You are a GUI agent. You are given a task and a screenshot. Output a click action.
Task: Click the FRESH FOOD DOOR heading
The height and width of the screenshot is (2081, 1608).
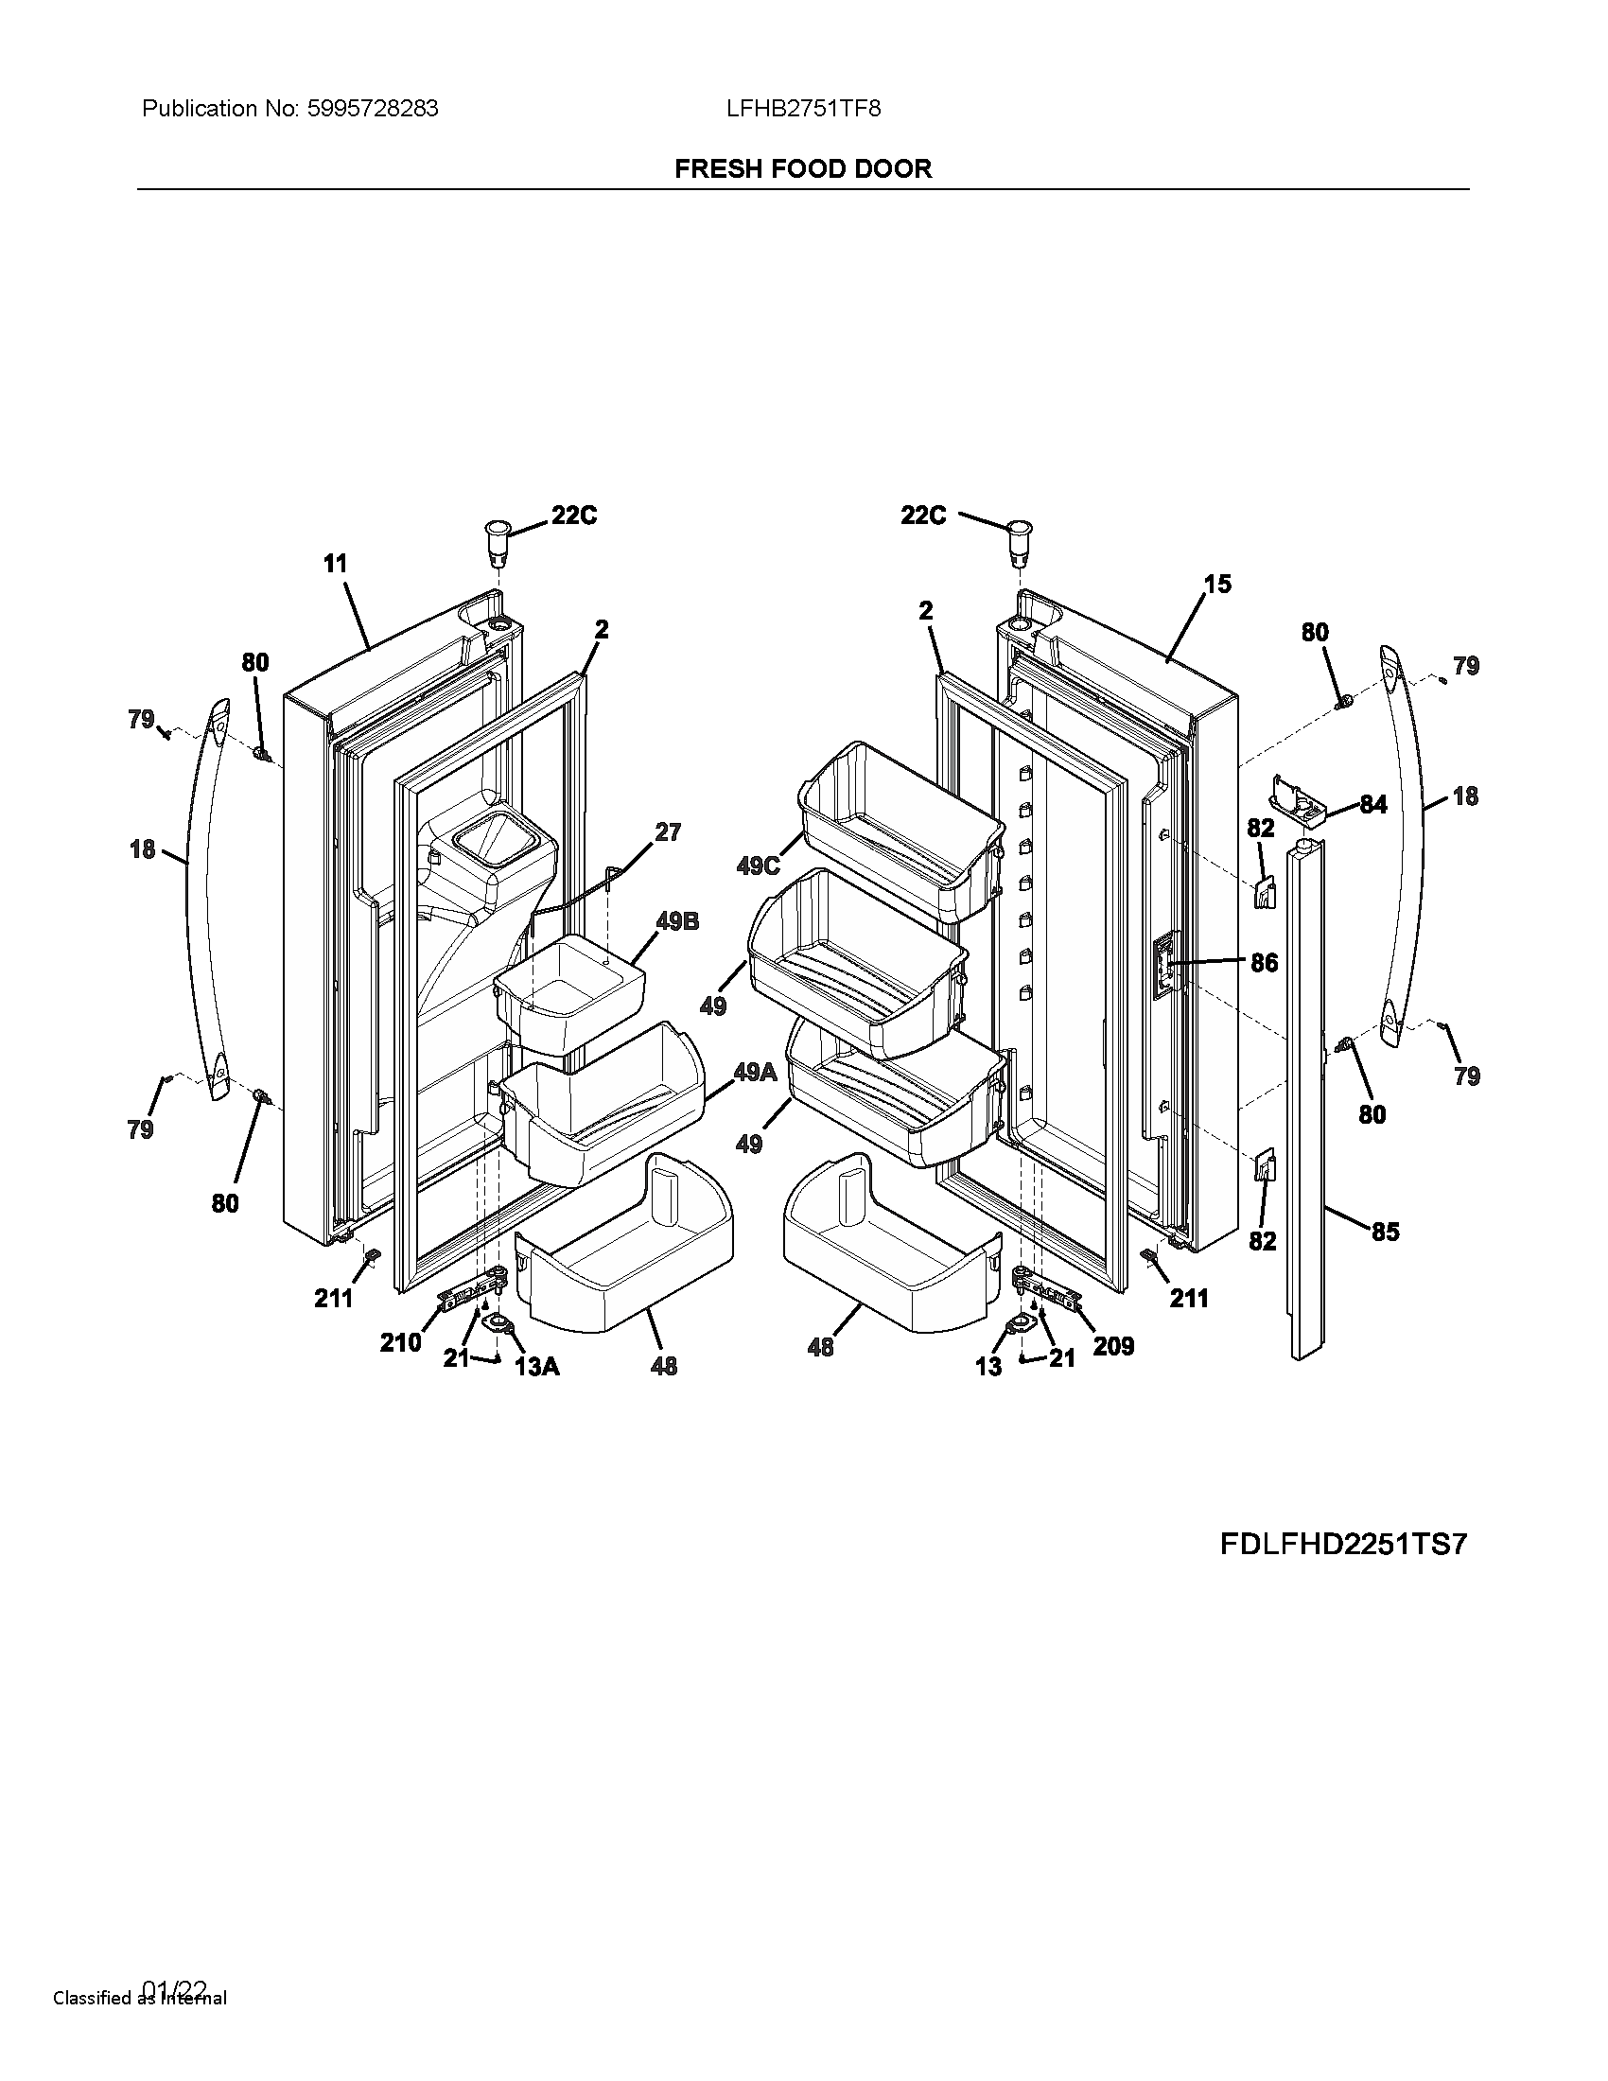(x=803, y=168)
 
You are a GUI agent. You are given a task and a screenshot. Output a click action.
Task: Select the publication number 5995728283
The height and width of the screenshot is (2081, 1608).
(x=373, y=109)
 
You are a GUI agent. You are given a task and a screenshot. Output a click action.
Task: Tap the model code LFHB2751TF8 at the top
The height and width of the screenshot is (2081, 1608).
(x=803, y=109)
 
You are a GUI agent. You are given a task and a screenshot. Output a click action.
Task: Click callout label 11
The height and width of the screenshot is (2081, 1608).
(x=336, y=564)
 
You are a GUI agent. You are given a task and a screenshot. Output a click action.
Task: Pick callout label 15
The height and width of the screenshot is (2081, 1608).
(x=1217, y=584)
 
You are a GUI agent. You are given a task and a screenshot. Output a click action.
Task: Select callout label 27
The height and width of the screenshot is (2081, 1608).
(x=668, y=831)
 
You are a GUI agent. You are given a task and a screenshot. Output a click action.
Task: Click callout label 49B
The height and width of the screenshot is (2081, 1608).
(x=677, y=921)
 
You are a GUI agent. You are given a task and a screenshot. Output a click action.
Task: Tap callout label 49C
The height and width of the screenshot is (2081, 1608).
(x=759, y=866)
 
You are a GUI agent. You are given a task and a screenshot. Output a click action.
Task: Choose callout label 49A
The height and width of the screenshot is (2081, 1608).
(x=756, y=1072)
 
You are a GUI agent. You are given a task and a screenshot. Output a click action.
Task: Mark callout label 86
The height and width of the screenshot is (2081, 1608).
(x=1264, y=962)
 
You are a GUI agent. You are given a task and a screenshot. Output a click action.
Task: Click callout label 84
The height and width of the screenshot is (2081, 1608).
(x=1372, y=805)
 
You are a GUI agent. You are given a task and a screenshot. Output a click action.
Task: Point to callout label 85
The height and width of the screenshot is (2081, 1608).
(x=1385, y=1232)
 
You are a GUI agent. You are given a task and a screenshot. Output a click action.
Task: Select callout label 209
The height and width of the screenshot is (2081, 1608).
(x=1113, y=1345)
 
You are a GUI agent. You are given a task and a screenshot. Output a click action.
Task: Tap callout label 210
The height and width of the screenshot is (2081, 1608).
(x=400, y=1341)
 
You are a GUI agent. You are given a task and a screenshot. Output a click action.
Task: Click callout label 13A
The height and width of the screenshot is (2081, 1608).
(x=536, y=1367)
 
